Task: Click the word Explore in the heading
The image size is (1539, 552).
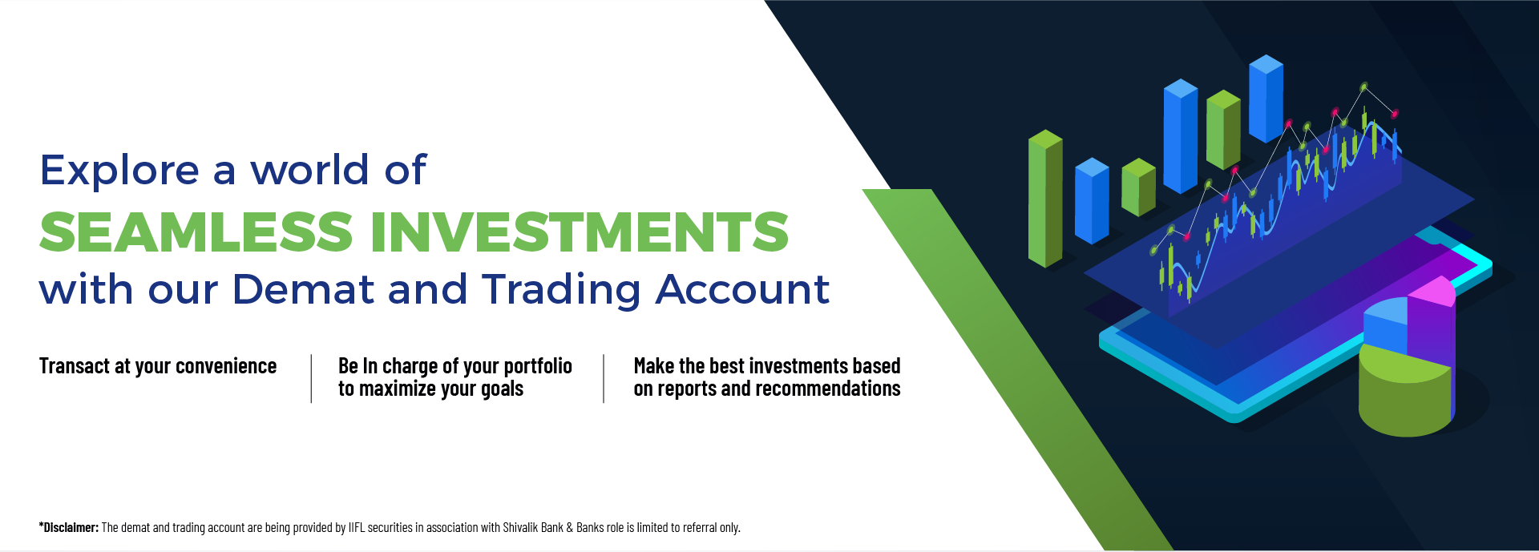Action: coord(119,171)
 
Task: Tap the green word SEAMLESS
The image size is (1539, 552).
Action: coord(196,232)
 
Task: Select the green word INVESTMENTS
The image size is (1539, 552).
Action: coord(579,232)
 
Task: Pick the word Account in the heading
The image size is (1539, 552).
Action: coord(741,289)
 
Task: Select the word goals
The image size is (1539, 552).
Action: coord(502,389)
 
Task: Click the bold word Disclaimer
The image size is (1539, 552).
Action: coord(70,527)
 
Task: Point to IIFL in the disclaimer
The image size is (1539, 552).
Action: coord(356,527)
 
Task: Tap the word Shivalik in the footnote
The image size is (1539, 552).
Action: coord(520,527)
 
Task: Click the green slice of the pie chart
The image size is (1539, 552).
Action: coord(1403,397)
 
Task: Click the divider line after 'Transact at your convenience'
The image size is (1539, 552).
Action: coord(311,378)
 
